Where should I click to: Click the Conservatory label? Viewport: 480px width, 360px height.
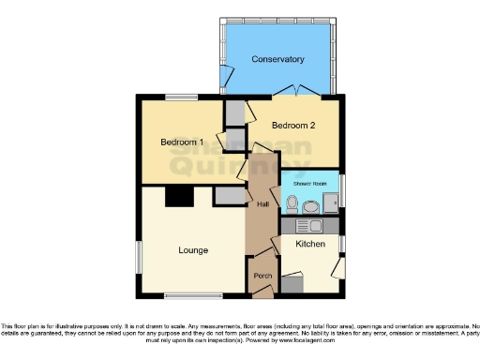coord(277,59)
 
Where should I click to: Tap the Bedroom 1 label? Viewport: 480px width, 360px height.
coord(182,142)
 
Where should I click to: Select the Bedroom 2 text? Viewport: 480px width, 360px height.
coord(293,125)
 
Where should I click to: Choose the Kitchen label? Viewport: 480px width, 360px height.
coord(310,244)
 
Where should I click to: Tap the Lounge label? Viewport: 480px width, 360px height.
coord(193,249)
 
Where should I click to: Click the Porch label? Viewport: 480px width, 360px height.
coord(262,277)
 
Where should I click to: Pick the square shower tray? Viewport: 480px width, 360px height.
coord(330,202)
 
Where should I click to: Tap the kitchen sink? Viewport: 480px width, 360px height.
coord(309,226)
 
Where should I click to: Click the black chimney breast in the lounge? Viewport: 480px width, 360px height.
coord(178,196)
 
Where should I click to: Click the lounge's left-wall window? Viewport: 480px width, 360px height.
coord(139,255)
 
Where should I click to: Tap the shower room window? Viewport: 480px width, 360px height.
coord(342,191)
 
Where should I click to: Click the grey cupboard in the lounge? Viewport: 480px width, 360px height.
coord(229,196)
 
